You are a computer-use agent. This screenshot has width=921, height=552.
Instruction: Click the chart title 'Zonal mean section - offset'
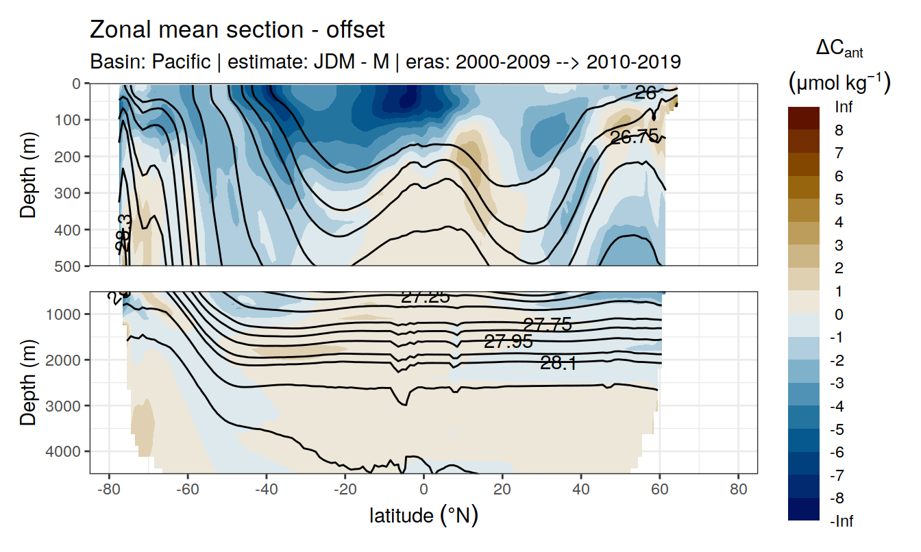[237, 30]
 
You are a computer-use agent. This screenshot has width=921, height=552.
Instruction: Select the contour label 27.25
[425, 297]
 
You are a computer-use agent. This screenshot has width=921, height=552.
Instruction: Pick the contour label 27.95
[508, 341]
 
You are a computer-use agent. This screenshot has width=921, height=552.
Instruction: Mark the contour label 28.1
[558, 364]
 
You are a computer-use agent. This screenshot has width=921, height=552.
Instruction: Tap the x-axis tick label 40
[581, 490]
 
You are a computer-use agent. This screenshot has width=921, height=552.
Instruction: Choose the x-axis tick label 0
[423, 490]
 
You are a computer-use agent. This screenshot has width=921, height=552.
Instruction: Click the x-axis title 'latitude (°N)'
[423, 515]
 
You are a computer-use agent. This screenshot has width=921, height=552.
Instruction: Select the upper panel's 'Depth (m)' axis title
[28, 174]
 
